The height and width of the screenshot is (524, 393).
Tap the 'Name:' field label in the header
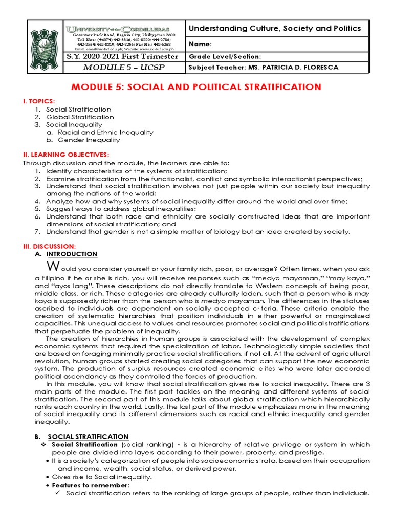pyautogui.click(x=201, y=45)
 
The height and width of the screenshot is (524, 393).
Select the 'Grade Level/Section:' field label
pyautogui.click(x=225, y=57)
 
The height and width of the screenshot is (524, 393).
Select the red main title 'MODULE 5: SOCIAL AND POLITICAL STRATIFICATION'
pyautogui.click(x=196, y=87)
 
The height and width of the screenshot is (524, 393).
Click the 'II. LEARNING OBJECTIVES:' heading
pyautogui.click(x=65, y=155)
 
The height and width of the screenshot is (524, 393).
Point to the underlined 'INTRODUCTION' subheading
pyautogui.click(x=72, y=254)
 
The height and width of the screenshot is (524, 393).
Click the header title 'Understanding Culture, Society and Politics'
pyautogui.click(x=275, y=29)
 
